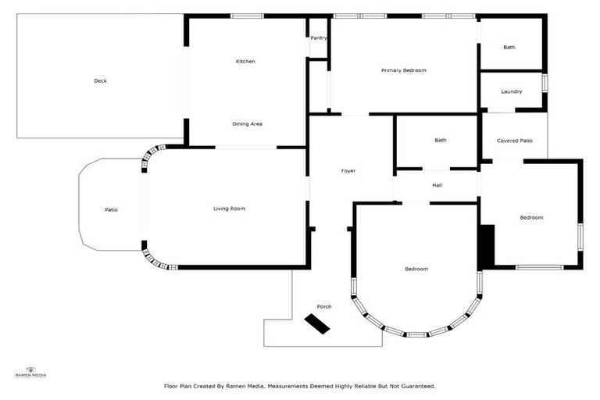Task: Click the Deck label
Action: click(x=100, y=80)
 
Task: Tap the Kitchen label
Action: click(x=246, y=61)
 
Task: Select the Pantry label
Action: click(x=319, y=37)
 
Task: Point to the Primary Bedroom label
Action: click(x=404, y=70)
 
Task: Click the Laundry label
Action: click(x=512, y=91)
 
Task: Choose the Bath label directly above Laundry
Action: click(x=509, y=47)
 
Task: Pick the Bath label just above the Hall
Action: click(x=441, y=140)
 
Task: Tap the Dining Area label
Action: click(x=247, y=123)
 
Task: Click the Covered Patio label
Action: click(x=515, y=141)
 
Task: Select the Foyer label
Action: click(x=348, y=170)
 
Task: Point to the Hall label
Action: click(x=437, y=185)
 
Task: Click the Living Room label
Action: click(x=230, y=208)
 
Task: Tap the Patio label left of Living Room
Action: click(x=111, y=209)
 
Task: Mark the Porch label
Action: click(x=324, y=306)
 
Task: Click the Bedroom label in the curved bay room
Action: click(x=416, y=269)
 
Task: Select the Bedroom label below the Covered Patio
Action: click(x=531, y=217)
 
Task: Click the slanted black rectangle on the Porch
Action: click(x=317, y=324)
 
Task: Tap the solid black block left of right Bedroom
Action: click(x=487, y=247)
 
